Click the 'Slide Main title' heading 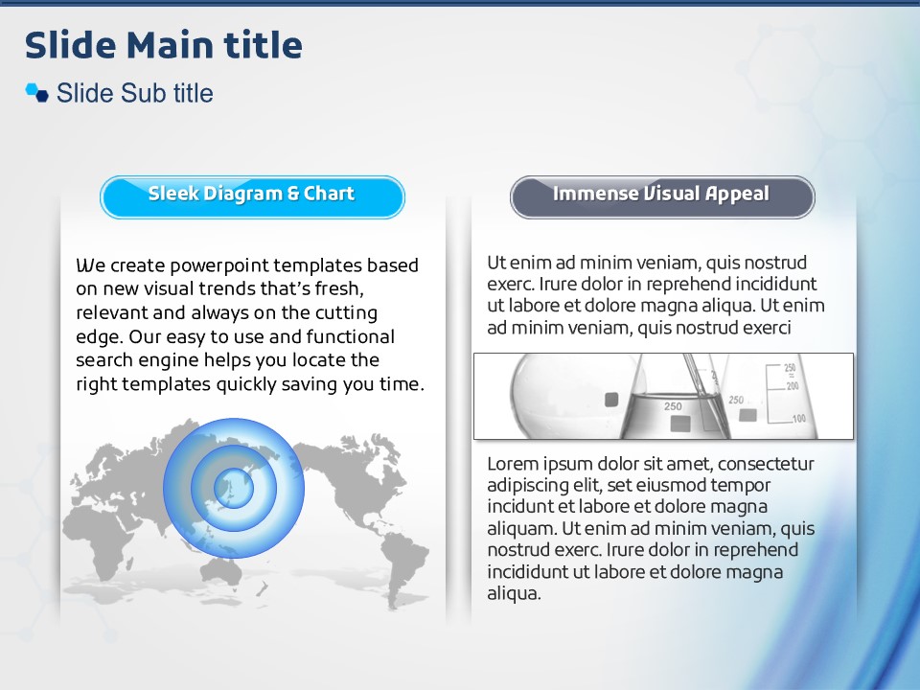(x=164, y=45)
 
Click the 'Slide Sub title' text (x=134, y=93)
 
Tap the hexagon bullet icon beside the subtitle (x=37, y=93)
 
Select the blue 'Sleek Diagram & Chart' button (x=252, y=197)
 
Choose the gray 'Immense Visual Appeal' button (x=662, y=197)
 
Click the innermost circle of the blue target (x=234, y=488)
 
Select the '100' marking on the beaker (x=798, y=419)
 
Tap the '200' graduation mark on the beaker (x=793, y=386)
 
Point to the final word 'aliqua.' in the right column (x=514, y=593)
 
